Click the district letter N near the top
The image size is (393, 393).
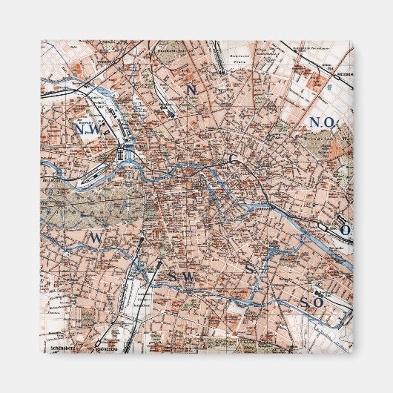(191, 90)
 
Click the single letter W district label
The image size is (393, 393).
(95, 237)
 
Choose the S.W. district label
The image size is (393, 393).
(179, 276)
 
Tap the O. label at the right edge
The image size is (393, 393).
(346, 231)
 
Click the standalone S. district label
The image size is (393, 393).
(251, 268)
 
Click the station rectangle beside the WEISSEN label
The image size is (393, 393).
(327, 75)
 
